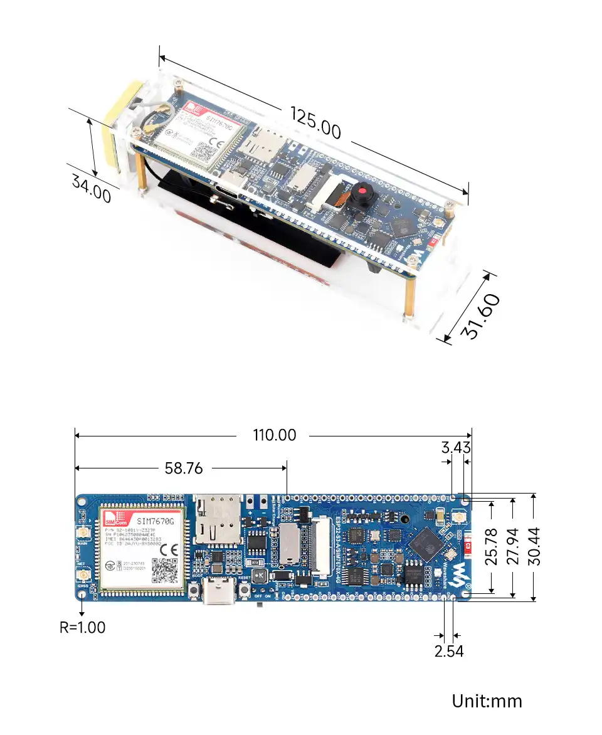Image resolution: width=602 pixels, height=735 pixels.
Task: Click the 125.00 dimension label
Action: click(x=315, y=122)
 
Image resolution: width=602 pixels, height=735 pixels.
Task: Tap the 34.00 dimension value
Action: click(x=92, y=188)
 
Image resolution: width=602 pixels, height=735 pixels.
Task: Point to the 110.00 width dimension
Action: click(x=275, y=435)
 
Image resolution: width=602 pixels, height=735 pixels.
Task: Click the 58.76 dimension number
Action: click(x=184, y=468)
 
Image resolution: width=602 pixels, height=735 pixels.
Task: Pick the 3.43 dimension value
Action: click(x=456, y=447)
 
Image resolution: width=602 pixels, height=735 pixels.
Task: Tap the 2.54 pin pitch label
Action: click(x=449, y=651)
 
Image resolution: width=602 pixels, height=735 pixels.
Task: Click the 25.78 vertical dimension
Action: click(x=492, y=546)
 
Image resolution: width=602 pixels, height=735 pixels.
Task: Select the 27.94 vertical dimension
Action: click(x=513, y=546)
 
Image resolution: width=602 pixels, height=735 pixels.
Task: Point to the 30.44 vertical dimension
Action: click(x=534, y=546)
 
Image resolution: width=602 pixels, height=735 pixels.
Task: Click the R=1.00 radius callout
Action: click(x=83, y=627)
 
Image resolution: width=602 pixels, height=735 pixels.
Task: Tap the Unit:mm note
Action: click(x=487, y=701)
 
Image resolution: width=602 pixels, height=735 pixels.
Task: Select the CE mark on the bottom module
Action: click(x=169, y=548)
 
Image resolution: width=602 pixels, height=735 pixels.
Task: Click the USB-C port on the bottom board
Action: click(x=219, y=594)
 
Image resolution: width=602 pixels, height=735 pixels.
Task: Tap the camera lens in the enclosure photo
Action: click(x=362, y=191)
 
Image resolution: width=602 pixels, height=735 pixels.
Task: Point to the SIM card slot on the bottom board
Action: click(x=216, y=520)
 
